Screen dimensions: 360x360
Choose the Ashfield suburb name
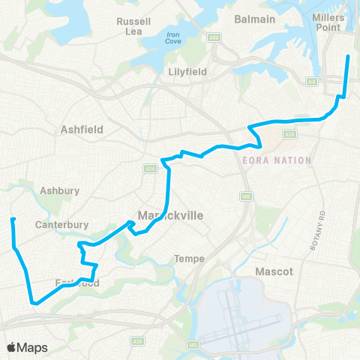tap(82, 129)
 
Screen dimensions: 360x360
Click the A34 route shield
tap(148, 169)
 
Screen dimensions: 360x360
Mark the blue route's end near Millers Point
tap(348, 56)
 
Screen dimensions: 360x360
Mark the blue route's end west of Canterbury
tap(13, 219)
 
